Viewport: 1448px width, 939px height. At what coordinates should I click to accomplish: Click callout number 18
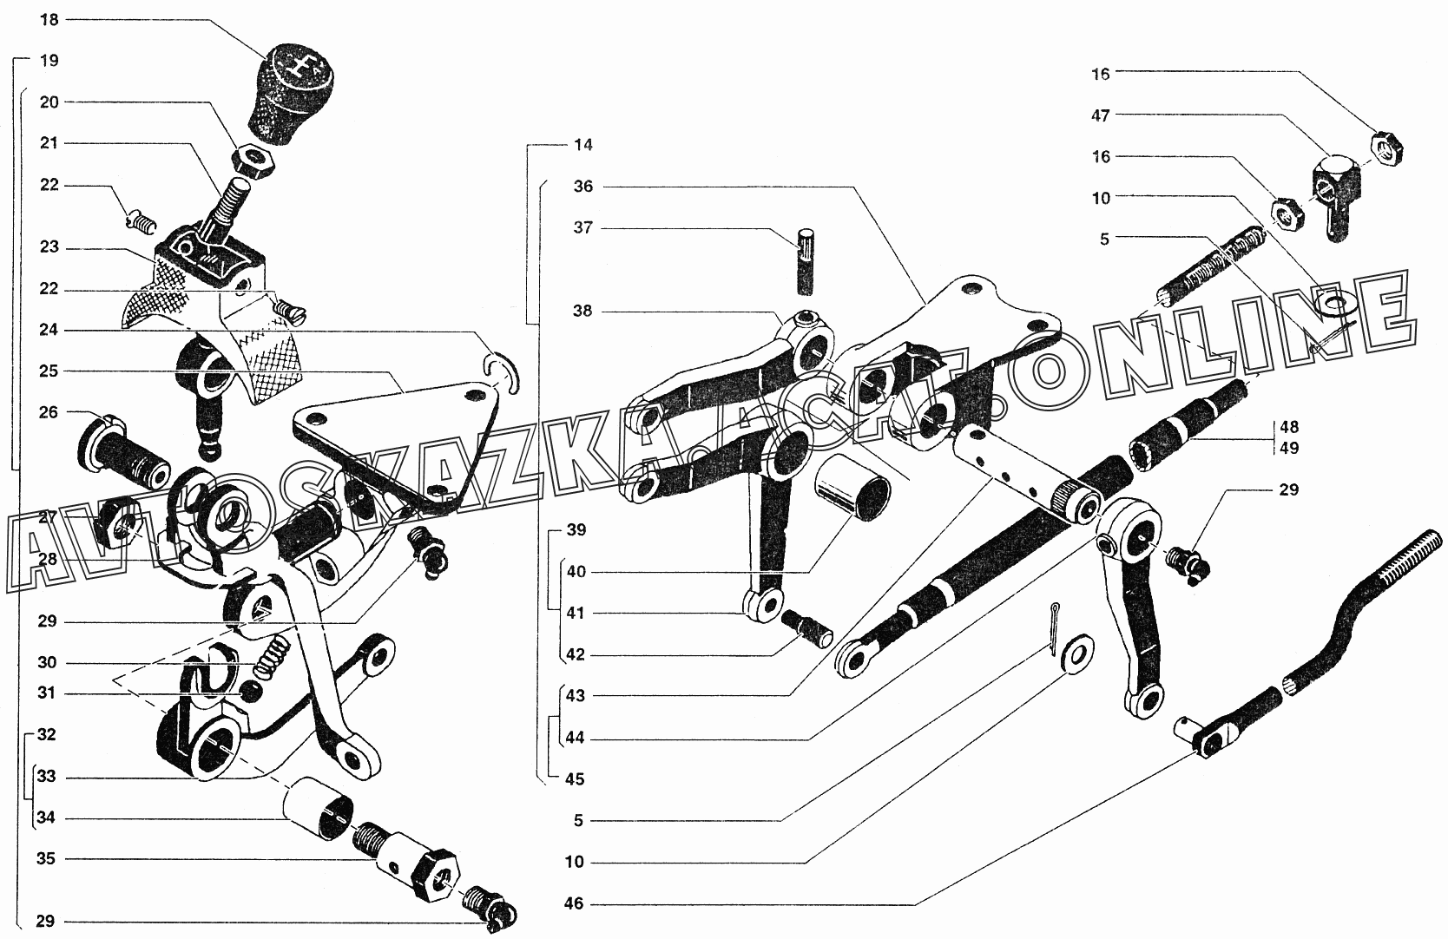coord(49,19)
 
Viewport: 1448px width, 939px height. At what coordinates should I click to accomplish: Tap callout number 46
coord(574,904)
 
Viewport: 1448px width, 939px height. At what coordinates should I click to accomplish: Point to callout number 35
coord(46,859)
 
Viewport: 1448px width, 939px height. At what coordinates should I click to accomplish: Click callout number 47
coord(1101,115)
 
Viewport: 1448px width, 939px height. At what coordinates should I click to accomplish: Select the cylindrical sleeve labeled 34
coord(319,810)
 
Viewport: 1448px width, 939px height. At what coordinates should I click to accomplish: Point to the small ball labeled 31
coord(252,691)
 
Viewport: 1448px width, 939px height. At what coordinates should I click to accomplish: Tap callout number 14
coord(583,145)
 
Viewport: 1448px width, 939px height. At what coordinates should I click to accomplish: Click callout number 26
coord(49,412)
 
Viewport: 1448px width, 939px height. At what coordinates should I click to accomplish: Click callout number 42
coord(576,655)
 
